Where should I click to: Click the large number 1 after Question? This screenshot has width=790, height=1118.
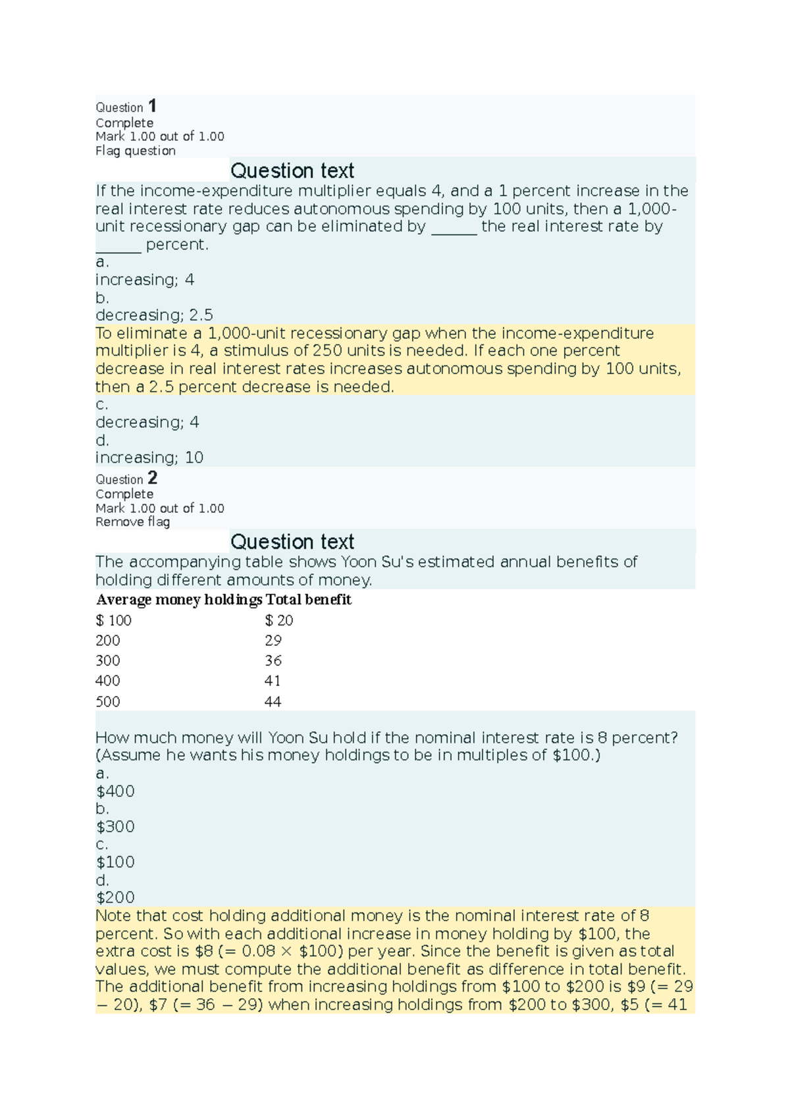point(152,105)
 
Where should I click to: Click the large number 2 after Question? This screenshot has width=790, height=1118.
point(152,477)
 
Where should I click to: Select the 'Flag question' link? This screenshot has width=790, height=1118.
point(136,151)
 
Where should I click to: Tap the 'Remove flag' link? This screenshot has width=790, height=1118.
point(132,522)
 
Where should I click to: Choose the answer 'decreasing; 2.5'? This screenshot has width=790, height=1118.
point(154,315)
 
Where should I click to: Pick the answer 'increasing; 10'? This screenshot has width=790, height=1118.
point(149,458)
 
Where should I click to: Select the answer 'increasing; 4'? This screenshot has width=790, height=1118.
point(145,280)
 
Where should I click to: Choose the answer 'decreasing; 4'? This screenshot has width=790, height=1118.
point(147,422)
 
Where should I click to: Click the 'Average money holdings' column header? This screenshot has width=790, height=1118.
point(179,600)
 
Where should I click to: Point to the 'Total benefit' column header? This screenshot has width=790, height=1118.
point(309,600)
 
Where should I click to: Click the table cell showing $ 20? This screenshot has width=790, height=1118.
point(278,620)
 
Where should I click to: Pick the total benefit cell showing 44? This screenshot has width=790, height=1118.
point(273,702)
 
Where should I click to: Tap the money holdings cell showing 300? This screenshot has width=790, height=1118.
point(108,661)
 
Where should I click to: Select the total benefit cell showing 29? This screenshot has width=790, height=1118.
point(273,641)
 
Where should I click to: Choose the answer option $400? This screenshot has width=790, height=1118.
point(115,791)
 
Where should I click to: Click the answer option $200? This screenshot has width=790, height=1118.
point(115,897)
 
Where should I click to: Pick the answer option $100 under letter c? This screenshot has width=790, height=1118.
point(115,862)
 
